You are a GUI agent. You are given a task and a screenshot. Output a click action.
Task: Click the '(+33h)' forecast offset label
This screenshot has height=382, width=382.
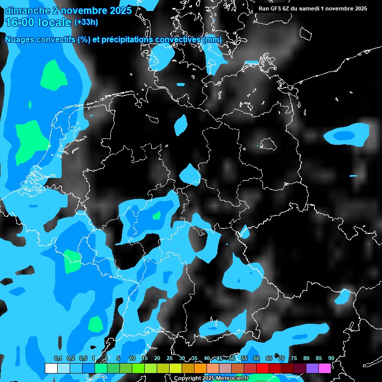[86, 22]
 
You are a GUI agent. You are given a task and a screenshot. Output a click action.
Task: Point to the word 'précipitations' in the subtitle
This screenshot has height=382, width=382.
[127, 39]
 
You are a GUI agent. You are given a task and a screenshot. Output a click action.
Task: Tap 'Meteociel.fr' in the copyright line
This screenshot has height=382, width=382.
[232, 379]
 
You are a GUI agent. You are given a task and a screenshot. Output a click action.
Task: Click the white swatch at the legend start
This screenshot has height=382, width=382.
[51, 368]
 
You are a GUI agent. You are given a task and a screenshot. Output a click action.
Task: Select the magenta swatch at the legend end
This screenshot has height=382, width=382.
[324, 368]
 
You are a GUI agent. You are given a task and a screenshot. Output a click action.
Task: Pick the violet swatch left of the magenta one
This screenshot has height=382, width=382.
[312, 368]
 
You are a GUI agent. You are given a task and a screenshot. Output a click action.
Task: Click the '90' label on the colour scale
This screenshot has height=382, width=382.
[331, 358]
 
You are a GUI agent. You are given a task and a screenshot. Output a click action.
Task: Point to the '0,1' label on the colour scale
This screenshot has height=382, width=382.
[58, 358]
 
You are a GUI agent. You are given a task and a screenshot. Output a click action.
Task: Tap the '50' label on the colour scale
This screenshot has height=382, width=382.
[231, 358]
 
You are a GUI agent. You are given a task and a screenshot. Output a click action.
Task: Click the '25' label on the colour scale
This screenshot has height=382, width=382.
[169, 358]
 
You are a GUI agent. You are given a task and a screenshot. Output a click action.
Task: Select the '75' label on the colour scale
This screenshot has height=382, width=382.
[293, 358]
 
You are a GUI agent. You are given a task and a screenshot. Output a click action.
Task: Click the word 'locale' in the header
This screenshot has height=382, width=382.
[56, 22]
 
